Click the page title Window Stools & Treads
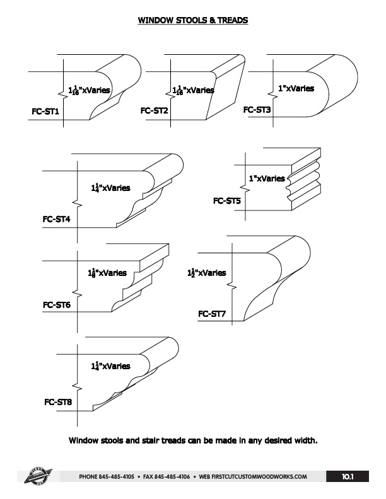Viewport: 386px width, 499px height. point(193,21)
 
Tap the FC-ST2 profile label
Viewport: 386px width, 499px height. point(154,111)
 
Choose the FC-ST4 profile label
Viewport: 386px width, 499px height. point(56,220)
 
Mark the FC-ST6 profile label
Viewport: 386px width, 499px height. point(56,306)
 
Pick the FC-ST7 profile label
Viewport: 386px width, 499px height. point(212,313)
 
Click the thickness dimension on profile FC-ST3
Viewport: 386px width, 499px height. point(296,89)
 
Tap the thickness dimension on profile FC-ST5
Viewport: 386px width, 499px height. point(267,179)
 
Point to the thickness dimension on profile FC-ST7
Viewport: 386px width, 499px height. point(206,273)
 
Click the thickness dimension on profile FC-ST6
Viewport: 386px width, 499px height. point(107,273)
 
